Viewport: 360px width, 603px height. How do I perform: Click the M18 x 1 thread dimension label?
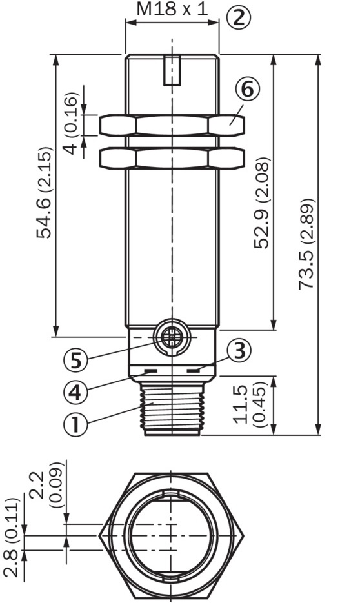pyautogui.click(x=172, y=9)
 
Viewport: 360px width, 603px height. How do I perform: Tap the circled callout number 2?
pyautogui.click(x=238, y=17)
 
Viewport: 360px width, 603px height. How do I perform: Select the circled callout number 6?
pyautogui.click(x=247, y=89)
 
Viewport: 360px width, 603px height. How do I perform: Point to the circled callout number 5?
pyautogui.click(x=75, y=361)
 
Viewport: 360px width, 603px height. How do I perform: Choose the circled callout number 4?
pyautogui.click(x=75, y=393)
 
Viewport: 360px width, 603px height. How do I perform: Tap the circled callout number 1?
pyautogui.click(x=75, y=424)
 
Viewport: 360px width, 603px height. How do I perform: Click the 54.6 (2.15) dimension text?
pyautogui.click(x=45, y=192)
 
